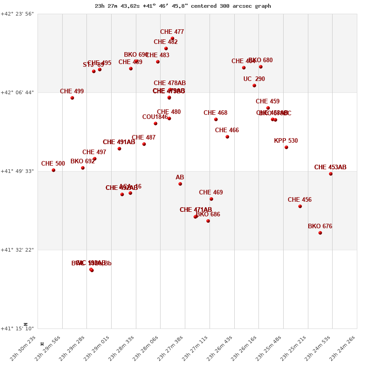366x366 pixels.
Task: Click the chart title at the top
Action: point(183,6)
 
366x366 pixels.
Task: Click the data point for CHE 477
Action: point(172,38)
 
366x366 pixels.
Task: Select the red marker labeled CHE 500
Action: point(54,170)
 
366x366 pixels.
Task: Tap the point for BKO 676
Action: point(320,233)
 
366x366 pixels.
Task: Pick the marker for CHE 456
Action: point(300,206)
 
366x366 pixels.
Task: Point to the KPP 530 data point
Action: point(286,147)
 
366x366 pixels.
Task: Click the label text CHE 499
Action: point(72,91)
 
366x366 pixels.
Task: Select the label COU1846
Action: point(155,117)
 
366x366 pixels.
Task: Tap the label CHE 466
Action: point(227,130)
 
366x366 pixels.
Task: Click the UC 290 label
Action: point(254,79)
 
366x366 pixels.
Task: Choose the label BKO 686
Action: point(208,215)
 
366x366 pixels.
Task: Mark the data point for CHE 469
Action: point(211,199)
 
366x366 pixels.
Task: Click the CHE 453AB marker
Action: point(331,174)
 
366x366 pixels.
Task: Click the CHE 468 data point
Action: point(216,119)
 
